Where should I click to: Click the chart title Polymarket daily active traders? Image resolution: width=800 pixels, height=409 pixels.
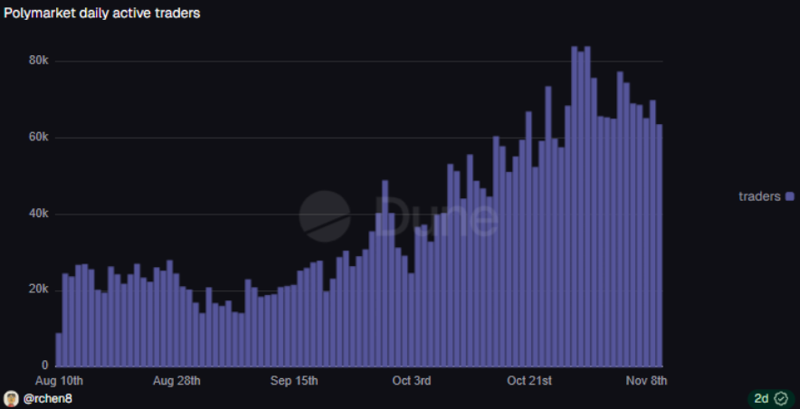tap(102, 14)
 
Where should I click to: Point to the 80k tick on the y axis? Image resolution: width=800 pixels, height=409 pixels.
tap(39, 61)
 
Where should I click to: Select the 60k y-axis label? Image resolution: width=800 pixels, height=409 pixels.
tap(39, 138)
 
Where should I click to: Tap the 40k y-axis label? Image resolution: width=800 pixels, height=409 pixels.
tap(39, 214)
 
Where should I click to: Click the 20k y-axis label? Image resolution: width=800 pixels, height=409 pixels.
tap(39, 290)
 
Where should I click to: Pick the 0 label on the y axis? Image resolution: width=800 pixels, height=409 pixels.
tap(45, 366)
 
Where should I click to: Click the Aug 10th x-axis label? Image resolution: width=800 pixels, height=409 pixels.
tap(59, 381)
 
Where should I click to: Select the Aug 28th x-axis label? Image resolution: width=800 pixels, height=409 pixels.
tap(176, 381)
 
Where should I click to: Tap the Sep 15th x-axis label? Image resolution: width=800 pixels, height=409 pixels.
tap(294, 381)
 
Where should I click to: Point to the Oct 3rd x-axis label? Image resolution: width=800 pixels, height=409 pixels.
tap(412, 381)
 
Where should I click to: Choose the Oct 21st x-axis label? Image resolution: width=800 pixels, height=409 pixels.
tap(529, 381)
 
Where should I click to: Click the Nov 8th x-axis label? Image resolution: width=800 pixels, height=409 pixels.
tap(645, 381)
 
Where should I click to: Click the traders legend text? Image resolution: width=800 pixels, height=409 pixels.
tap(759, 196)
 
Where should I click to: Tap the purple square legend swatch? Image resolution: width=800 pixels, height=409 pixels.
tap(790, 196)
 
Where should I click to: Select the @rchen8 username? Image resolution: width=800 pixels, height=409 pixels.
tap(48, 398)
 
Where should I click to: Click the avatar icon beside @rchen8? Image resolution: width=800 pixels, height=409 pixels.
tap(11, 398)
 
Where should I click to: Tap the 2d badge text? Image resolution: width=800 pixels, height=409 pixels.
tap(761, 398)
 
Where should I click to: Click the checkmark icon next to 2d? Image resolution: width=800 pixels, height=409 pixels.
tap(781, 398)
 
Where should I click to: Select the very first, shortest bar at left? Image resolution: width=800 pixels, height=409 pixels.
tap(59, 350)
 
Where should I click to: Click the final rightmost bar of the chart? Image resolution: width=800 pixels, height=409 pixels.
tap(659, 245)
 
